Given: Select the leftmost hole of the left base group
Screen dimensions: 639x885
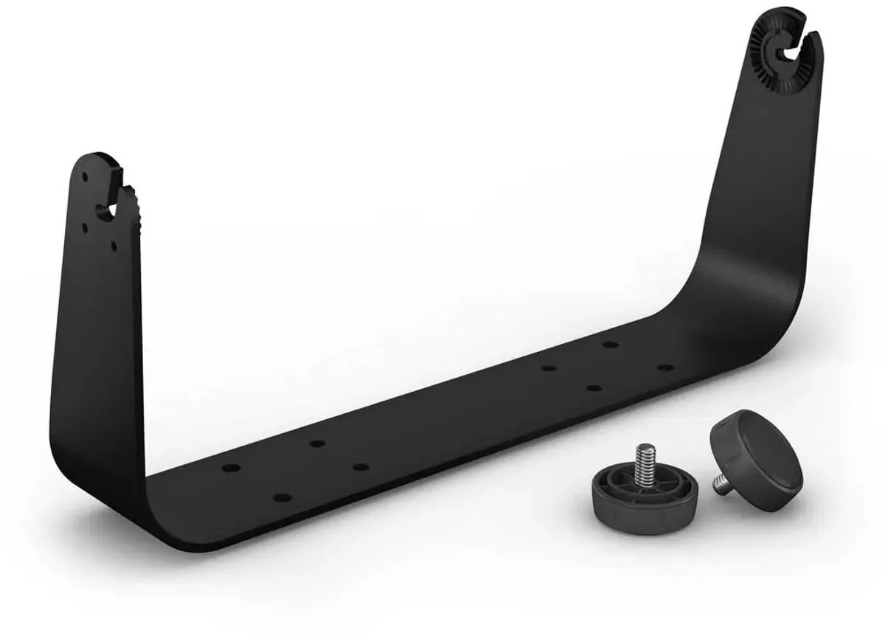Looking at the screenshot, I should (231, 468).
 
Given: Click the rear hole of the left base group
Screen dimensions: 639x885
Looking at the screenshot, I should (317, 443).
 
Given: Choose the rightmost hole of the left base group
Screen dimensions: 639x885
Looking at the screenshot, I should (359, 466).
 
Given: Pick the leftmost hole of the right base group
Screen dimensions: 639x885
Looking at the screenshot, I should (547, 367).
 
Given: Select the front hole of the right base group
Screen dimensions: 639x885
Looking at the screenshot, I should (594, 387).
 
